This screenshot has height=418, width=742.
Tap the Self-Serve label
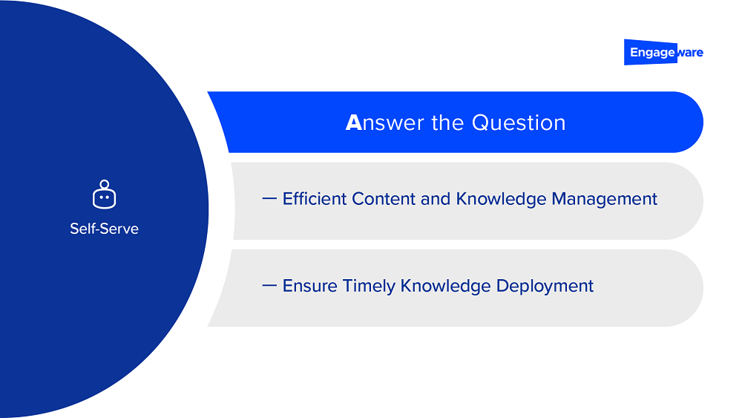pos(104,229)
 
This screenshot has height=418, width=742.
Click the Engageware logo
pos(663,52)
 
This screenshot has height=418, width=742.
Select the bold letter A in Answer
pos(353,123)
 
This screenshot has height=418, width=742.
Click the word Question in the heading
pos(519,123)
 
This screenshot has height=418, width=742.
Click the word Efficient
pos(314,199)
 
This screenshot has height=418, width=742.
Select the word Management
pos(604,199)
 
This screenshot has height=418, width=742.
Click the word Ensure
pos(310,286)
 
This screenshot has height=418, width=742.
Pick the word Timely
pos(369,287)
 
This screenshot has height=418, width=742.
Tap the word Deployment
pos(545,287)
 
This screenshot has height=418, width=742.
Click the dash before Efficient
pos(269,198)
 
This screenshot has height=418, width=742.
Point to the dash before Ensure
pos(269,285)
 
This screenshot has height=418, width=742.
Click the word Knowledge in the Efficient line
pos(501,199)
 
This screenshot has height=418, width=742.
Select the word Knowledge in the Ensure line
pos(445,287)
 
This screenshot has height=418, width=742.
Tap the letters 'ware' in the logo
pos(690,53)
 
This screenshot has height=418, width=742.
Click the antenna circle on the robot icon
pos(104,184)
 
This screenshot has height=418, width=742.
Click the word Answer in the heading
pos(384,123)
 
